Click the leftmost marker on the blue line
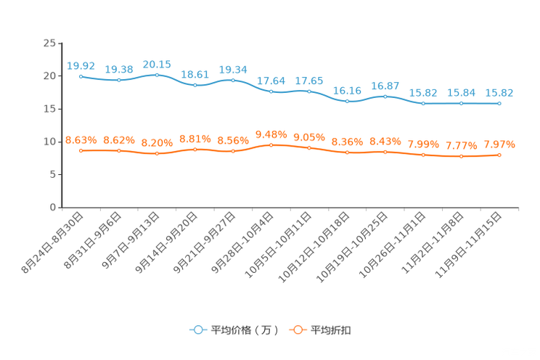click(x=81, y=75)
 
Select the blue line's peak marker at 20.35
click(x=157, y=74)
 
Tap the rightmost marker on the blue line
click(x=499, y=104)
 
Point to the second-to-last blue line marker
click(x=462, y=104)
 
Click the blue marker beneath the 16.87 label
click(x=385, y=96)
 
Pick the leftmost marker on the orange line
click(x=81, y=150)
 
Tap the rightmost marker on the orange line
click(x=499, y=155)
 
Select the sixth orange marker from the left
click(x=271, y=144)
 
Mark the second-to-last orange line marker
click(x=462, y=156)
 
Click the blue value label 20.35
click(x=157, y=64)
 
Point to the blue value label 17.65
click(x=309, y=81)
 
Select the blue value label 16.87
click(x=385, y=86)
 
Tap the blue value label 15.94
click(x=462, y=93)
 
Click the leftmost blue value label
click(x=81, y=65)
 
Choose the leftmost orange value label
click(x=81, y=139)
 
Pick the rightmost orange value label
click(x=499, y=144)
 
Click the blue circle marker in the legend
click(x=197, y=330)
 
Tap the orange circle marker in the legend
click(x=298, y=330)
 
